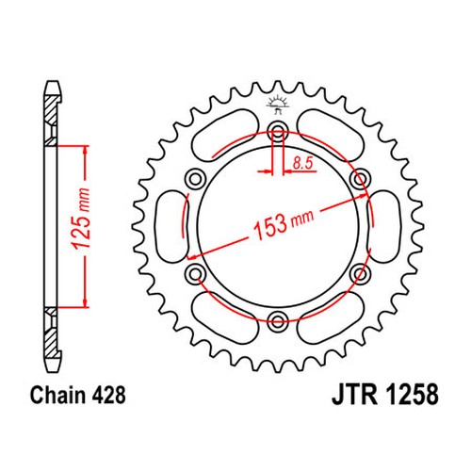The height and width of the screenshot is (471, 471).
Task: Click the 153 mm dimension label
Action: point(283,222)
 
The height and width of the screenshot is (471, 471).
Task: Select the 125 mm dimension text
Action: point(81,219)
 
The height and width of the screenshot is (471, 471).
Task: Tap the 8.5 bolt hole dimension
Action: point(302,163)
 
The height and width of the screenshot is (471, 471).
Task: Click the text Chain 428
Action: point(77,395)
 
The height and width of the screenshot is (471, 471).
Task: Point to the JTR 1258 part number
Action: point(385,395)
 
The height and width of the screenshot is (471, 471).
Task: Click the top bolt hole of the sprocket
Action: point(278,131)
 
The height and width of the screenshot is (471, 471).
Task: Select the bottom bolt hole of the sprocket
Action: point(278,320)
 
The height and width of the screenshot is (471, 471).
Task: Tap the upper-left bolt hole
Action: point(195,179)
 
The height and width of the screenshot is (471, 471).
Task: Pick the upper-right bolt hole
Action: point(360,179)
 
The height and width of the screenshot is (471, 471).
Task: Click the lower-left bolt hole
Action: point(196,273)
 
